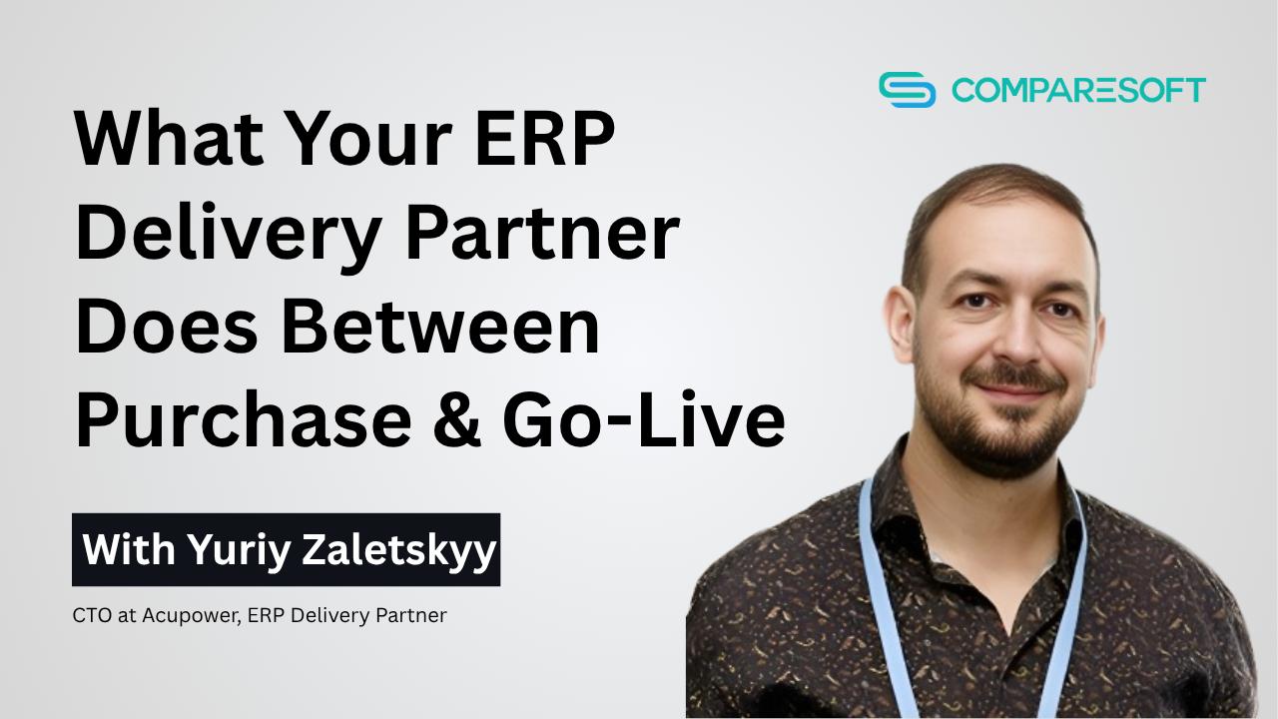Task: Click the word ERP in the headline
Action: click(x=545, y=138)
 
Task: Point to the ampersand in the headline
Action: click(x=457, y=419)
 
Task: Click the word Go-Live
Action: click(x=644, y=419)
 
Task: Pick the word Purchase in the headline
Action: click(x=244, y=419)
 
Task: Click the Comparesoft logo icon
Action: click(x=908, y=90)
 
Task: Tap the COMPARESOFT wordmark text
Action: click(x=1078, y=90)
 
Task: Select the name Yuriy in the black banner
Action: click(x=239, y=550)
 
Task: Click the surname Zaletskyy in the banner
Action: click(x=399, y=550)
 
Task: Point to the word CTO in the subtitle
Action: click(x=92, y=615)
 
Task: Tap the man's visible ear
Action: click(x=902, y=326)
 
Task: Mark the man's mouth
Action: click(x=1015, y=390)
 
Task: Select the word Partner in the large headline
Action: click(x=542, y=234)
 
